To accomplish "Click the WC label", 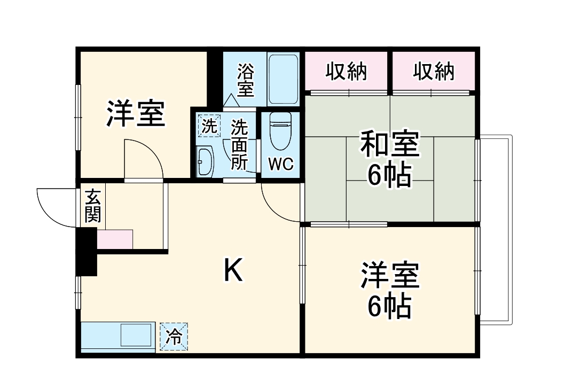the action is tap(281, 165).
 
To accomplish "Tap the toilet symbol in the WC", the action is tap(280, 130).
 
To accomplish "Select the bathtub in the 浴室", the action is tap(283, 79).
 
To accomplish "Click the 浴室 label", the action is tap(246, 80).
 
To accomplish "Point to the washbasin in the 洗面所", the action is tap(206, 161).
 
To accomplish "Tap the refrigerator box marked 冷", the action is tap(174, 337).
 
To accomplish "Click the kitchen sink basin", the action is tap(136, 335).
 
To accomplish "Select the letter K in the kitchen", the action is tap(233, 270).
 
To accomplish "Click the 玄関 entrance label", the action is tap(92, 206).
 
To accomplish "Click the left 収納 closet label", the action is tap(346, 71).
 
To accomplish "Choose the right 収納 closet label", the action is tap(434, 71).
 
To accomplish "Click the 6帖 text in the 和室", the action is tap(389, 175).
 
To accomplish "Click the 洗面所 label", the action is tap(239, 145).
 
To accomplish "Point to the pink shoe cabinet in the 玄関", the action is tap(115, 239).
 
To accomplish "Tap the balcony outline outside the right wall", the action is tap(511, 230).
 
